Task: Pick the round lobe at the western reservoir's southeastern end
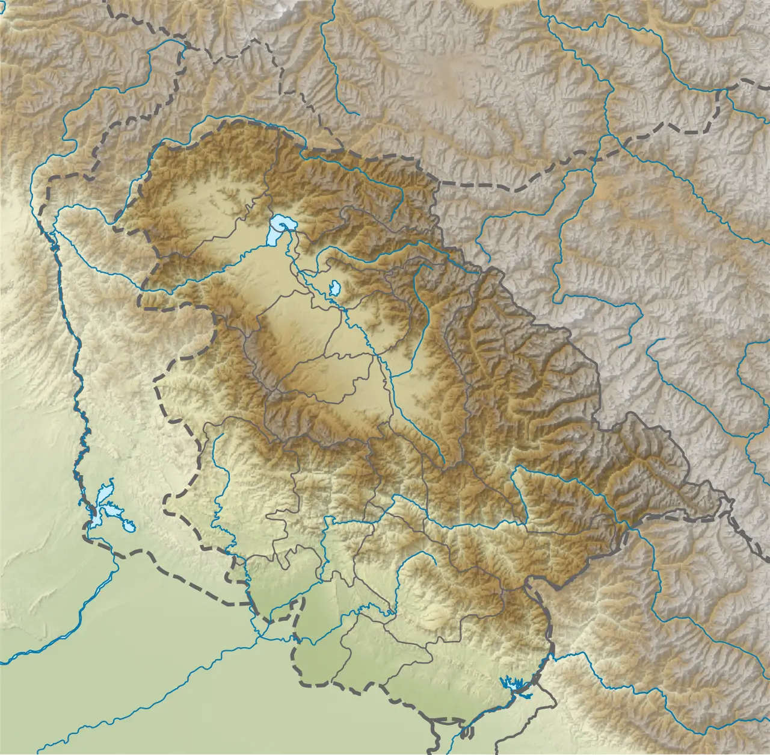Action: [x=130, y=527]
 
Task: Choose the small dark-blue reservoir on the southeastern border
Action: [x=512, y=683]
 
